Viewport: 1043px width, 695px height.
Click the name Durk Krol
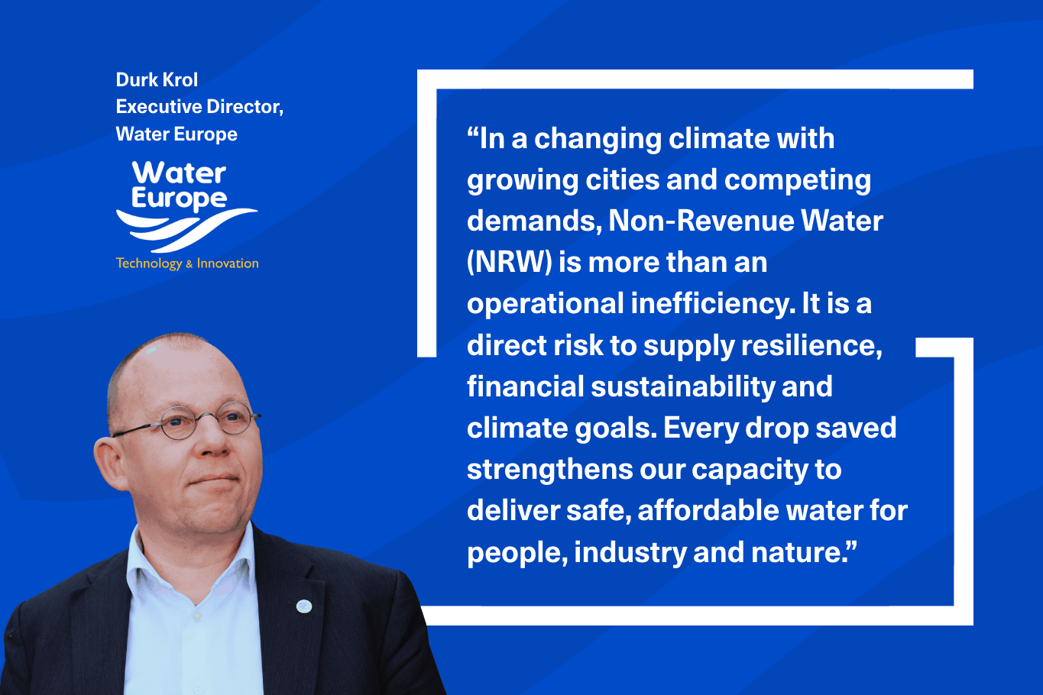click(x=157, y=80)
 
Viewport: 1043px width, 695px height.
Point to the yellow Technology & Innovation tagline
click(x=187, y=263)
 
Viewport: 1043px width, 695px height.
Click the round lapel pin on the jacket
click(x=304, y=606)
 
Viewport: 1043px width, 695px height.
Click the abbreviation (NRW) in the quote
click(x=509, y=263)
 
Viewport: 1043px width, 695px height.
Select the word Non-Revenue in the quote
click(x=701, y=221)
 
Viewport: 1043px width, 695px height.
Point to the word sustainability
click(x=682, y=387)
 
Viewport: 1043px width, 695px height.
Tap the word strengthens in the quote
click(x=549, y=470)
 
